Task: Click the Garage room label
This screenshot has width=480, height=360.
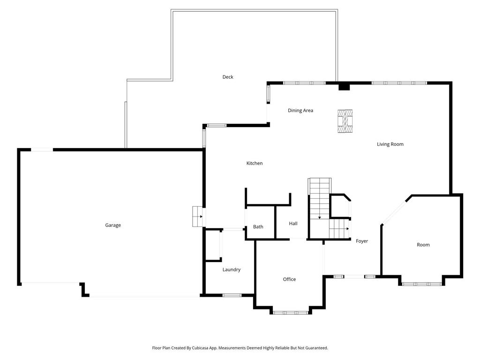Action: [113, 225]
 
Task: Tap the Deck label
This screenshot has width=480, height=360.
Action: [228, 77]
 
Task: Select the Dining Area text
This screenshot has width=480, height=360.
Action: [300, 111]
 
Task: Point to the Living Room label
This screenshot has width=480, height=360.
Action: [390, 144]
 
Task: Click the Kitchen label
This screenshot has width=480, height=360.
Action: [255, 163]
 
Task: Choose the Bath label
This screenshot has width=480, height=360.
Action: [258, 227]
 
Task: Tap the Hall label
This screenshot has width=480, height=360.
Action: [293, 224]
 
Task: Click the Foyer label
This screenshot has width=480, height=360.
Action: [362, 241]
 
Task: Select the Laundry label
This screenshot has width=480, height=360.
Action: [232, 270]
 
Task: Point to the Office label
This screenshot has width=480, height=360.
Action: [289, 279]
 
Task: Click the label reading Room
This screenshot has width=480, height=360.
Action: [423, 245]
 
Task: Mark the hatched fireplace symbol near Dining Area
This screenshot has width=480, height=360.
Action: [345, 121]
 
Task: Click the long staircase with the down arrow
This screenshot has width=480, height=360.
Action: [319, 199]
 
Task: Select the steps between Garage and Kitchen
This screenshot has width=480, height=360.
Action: [197, 217]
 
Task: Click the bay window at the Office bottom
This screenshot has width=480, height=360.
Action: [291, 312]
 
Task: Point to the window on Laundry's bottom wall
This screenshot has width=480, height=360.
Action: [232, 295]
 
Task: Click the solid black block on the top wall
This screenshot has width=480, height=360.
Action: [344, 86]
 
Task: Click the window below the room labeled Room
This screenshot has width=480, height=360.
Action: [422, 284]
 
